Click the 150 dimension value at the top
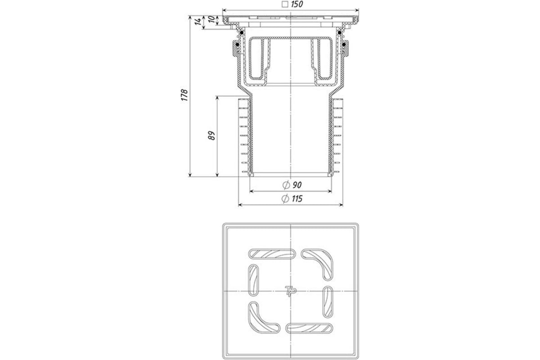pos(297,4)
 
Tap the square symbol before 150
pos(285,4)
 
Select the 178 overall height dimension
pos(184,95)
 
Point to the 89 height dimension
pos(211,135)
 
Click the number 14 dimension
pos(198,21)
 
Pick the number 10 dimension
pos(211,19)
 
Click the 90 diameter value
pos(297,185)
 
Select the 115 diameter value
pos(297,199)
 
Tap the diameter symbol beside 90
pos(286,185)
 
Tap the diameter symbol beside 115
pos(285,199)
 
